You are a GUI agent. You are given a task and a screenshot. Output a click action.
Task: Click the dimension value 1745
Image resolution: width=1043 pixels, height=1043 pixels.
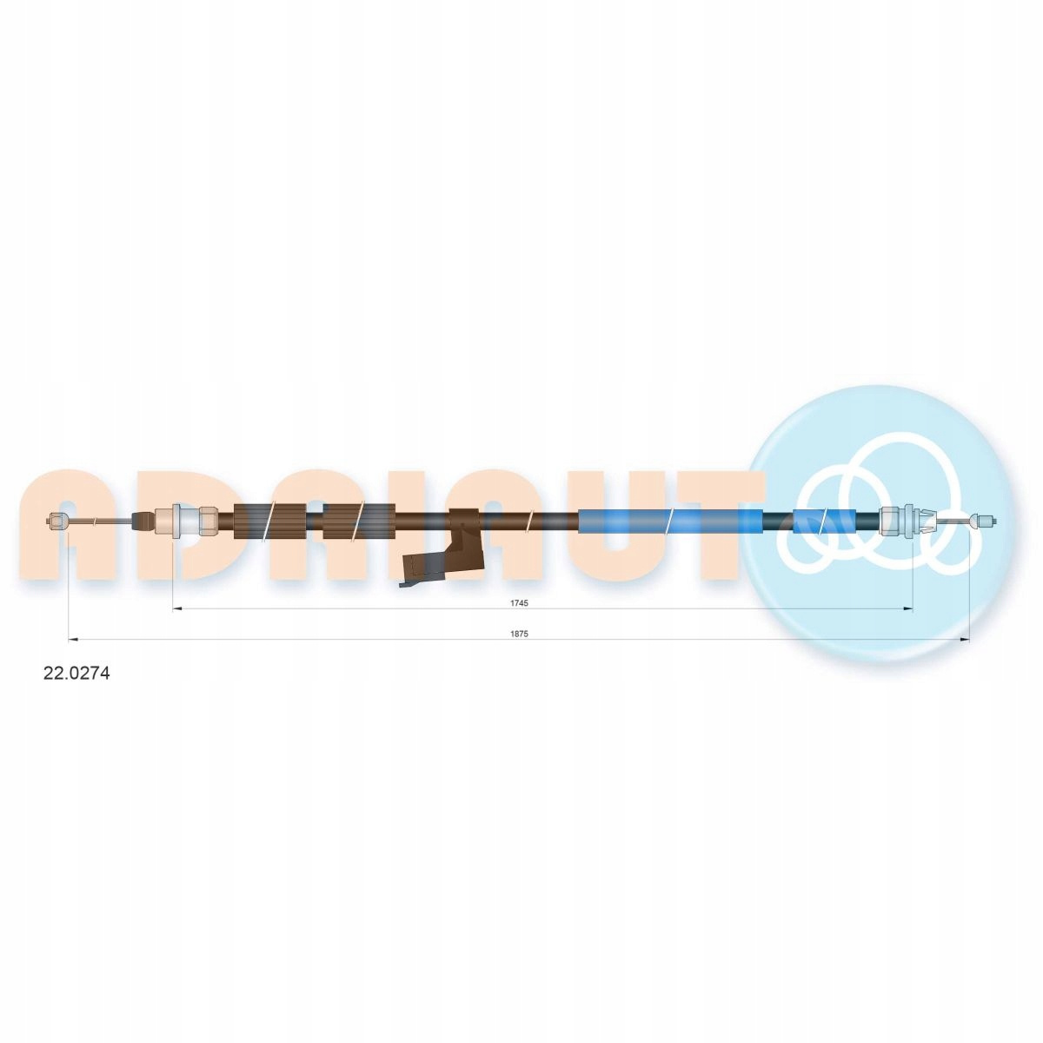[x=519, y=602]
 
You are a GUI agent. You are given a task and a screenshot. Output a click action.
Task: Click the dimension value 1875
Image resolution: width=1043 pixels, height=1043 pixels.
[x=519, y=634]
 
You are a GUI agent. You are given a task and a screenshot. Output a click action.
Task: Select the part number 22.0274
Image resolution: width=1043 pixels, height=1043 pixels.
[x=76, y=673]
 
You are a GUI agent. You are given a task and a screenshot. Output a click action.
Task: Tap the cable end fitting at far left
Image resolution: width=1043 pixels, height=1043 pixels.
[x=57, y=521]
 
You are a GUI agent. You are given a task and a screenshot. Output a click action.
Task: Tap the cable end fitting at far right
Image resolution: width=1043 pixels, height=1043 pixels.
[x=983, y=522]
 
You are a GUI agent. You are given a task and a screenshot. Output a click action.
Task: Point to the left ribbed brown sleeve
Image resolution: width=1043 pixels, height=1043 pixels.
[x=270, y=521]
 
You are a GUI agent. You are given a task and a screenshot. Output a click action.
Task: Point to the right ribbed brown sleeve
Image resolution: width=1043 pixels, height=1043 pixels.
[x=359, y=521]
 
